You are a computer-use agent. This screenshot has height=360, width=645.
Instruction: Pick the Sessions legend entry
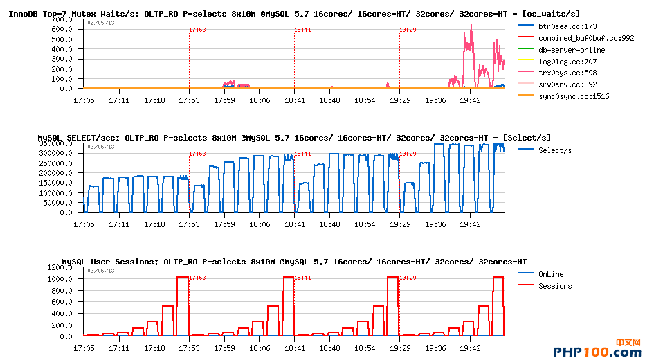coord(555,286)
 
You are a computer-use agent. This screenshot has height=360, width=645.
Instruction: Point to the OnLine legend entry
coord(551,274)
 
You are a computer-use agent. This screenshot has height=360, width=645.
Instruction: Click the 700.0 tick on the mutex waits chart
coord(62,20)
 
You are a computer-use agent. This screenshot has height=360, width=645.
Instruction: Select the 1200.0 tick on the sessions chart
coord(60,267)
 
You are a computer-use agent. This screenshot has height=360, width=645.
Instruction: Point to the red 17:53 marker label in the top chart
coord(197,30)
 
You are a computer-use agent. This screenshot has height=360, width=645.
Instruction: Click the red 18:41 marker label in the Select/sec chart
coord(302,154)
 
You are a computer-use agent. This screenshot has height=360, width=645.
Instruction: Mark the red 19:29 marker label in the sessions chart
coord(408,278)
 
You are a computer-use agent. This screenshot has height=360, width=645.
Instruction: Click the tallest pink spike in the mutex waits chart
coord(471,26)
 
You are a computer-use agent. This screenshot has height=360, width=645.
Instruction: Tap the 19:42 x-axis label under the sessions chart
coord(470,348)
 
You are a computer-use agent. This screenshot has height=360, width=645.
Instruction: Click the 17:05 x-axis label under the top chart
coord(84,100)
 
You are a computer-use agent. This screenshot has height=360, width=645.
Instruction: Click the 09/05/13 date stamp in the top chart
coord(101,23)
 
